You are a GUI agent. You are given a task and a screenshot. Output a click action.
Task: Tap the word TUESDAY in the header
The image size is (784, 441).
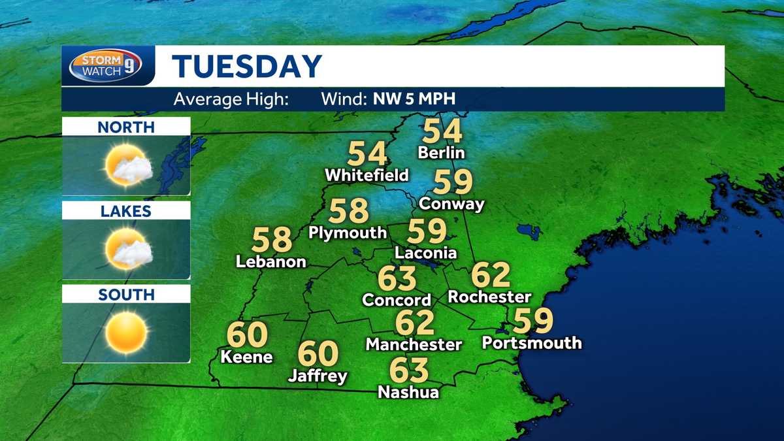point(248,67)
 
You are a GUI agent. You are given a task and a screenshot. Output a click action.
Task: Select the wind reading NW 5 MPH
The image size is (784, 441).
point(414,100)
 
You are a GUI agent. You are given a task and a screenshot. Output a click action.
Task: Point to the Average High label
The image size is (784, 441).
point(231,100)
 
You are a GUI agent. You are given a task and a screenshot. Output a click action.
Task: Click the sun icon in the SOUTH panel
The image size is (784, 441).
point(126,332)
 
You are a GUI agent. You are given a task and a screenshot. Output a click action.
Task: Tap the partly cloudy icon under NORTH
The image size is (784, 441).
point(128,165)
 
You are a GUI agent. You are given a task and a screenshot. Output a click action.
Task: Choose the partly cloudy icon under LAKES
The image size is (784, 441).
point(128,248)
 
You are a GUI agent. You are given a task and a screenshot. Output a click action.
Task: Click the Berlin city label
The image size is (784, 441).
point(442,153)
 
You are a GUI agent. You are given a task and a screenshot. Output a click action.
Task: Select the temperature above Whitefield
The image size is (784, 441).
point(367,154)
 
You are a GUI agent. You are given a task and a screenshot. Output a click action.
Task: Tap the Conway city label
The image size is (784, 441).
point(451,203)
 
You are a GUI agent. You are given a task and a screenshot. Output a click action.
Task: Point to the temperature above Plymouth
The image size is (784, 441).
point(349,211)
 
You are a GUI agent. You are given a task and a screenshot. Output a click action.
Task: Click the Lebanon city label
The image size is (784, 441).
point(271,261)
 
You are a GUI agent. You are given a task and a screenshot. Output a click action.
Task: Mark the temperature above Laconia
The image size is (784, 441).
point(427,231)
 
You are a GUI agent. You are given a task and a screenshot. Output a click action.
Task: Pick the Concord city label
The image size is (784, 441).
point(397,300)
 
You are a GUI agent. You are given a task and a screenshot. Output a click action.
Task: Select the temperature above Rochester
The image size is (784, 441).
point(490,275)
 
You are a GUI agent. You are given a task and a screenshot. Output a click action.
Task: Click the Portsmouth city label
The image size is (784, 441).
point(531,342)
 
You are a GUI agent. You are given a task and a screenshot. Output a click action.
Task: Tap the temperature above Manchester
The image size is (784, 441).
point(414,322)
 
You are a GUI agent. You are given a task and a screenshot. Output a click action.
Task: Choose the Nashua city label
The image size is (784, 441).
point(408,392)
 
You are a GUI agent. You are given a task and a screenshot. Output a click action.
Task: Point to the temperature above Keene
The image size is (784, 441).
point(247,335)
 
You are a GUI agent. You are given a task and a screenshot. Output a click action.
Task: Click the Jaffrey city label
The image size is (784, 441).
point(318,376)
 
